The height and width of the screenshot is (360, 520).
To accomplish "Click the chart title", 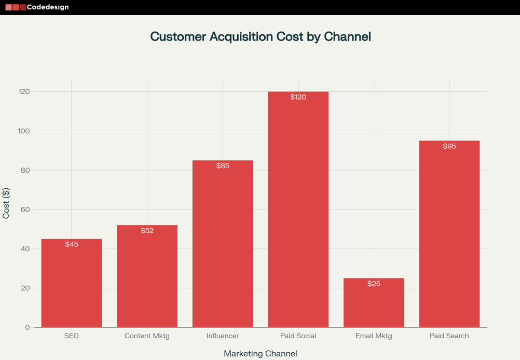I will [x=260, y=37].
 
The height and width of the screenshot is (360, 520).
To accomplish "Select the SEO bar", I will [x=72, y=285].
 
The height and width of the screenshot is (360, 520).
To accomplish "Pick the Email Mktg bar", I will [x=374, y=306].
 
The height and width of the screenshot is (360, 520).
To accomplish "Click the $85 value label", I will [x=223, y=166].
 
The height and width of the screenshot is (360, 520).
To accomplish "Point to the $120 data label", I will [x=298, y=97].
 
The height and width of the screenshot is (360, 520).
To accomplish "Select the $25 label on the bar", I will [x=374, y=284].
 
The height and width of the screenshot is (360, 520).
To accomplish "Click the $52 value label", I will [x=147, y=231].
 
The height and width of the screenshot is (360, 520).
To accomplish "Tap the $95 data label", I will [x=449, y=146].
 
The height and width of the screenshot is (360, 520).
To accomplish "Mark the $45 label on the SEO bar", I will [x=72, y=244].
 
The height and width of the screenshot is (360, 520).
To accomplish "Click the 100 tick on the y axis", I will [x=24, y=131].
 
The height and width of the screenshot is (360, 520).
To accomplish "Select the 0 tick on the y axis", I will [x=28, y=327].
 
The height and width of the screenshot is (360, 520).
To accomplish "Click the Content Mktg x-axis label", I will [x=147, y=336].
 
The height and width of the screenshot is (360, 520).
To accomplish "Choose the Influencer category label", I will [x=223, y=336].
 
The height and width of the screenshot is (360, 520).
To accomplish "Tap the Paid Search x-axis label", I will [x=449, y=336].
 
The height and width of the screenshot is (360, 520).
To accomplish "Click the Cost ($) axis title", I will [x=6, y=203].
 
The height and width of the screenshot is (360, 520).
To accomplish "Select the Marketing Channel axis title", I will [x=260, y=354].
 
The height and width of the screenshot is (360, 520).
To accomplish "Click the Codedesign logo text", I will [x=47, y=7].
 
